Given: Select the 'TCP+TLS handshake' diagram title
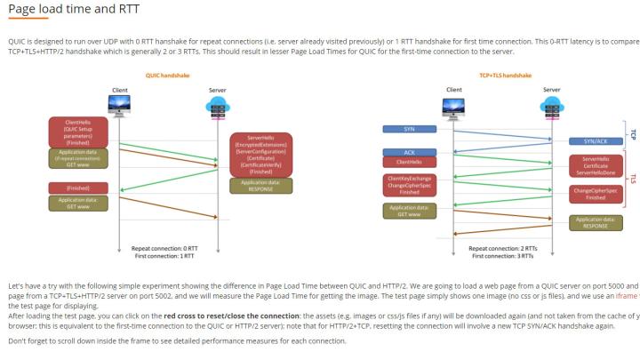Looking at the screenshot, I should tap(499, 76).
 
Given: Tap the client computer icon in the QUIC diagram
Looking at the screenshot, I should tap(119, 105).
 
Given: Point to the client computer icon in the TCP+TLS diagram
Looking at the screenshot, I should tap(453, 105).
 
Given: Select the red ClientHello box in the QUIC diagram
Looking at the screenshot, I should tap(77, 132).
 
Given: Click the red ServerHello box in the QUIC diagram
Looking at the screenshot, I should tap(260, 154).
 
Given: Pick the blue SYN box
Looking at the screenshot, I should tap(409, 129).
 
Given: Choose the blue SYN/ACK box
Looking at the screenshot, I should tap(596, 141).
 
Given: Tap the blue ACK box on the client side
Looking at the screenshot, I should tap(409, 152).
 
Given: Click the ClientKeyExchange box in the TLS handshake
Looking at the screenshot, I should tap(409, 184).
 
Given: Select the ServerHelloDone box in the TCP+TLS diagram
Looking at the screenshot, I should tap(596, 165).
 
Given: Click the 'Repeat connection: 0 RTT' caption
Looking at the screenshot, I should tap(164, 248).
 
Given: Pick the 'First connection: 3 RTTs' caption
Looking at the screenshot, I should tap(500, 256).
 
